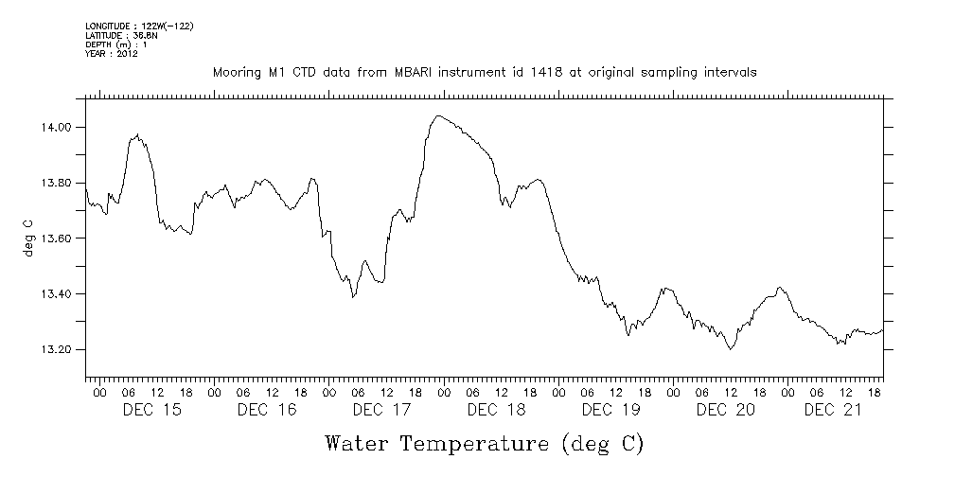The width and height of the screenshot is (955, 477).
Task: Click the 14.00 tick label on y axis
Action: tap(52, 127)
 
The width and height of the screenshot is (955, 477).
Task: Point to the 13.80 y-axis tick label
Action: tap(52, 183)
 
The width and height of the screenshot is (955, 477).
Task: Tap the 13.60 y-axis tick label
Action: tap(52, 238)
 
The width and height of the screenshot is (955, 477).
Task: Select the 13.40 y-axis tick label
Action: tap(52, 294)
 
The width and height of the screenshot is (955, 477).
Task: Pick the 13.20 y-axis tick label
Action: tap(52, 350)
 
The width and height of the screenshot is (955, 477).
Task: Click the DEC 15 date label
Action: tap(152, 410)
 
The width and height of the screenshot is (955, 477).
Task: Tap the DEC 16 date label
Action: tap(267, 410)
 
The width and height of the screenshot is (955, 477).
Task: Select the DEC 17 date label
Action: tap(381, 410)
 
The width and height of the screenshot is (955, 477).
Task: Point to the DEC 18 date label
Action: tap(496, 410)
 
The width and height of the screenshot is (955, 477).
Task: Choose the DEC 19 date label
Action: tap(610, 410)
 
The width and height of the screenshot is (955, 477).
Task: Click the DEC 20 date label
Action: tap(725, 410)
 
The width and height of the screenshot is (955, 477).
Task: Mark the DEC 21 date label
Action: tap(832, 410)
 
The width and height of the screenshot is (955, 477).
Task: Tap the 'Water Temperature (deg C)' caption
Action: tap(484, 443)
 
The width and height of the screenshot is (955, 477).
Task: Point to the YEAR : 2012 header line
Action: tap(113, 54)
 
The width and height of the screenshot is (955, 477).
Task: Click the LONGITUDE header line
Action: tap(139, 26)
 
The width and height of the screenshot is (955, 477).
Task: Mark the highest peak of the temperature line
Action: tap(437, 115)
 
